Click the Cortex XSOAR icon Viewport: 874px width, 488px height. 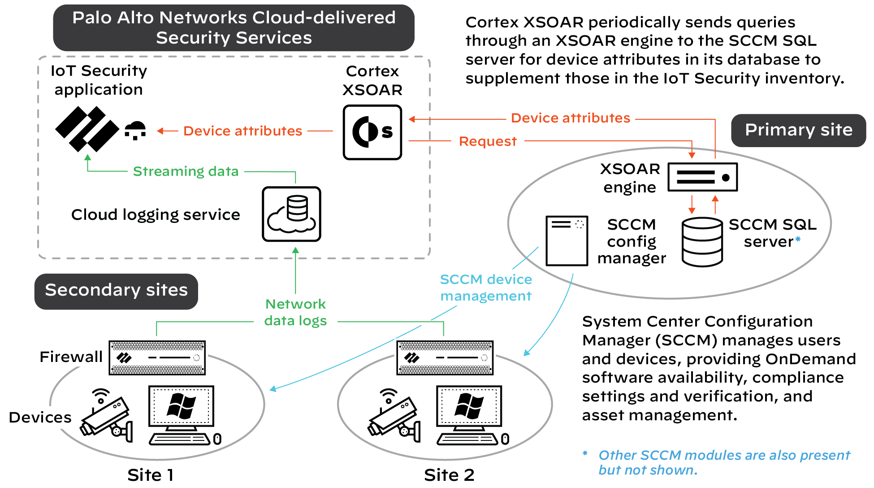372,132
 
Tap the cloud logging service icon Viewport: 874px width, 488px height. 291,214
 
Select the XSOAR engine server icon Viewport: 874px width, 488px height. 702,177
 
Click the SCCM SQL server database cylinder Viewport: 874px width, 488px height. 702,242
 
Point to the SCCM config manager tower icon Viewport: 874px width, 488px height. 567,241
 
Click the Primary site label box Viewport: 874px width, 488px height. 798,130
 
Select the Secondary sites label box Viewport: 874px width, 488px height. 116,291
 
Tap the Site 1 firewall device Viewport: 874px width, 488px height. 157,357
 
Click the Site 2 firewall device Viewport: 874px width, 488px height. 445,357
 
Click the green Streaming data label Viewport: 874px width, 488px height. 186,171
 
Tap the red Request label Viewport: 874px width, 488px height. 488,141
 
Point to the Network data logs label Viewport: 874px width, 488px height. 295,313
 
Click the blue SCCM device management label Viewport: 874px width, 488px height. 486,288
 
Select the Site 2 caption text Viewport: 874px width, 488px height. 449,475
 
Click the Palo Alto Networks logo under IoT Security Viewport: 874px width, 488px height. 87,129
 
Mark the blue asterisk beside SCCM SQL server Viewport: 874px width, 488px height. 798,239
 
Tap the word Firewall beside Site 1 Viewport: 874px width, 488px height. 71,357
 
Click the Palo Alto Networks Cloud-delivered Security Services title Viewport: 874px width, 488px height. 234,28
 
